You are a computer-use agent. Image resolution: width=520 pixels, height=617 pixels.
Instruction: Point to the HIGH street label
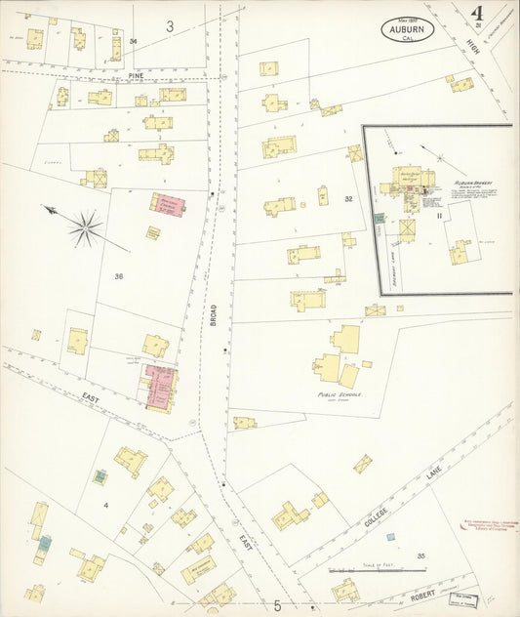tap(474, 44)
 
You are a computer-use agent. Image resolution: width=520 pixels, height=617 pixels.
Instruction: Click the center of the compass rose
tap(86, 228)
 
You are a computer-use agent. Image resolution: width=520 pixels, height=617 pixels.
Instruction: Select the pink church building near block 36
tap(168, 203)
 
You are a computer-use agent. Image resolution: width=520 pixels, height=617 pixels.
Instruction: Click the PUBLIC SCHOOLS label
tap(339, 394)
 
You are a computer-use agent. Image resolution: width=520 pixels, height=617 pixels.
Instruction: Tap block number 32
tap(347, 199)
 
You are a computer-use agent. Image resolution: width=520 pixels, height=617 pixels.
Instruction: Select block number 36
tap(118, 276)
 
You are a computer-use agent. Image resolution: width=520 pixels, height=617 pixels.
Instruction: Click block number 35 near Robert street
tap(421, 556)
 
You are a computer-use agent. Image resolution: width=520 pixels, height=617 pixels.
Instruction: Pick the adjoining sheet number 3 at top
tap(169, 27)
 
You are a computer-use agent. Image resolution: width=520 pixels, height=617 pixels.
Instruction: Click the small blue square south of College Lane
tap(390, 536)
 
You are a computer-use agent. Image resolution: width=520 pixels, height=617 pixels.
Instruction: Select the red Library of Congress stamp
tap(471, 500)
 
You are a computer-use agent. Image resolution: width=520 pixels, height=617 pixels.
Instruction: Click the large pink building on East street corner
tap(161, 386)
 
